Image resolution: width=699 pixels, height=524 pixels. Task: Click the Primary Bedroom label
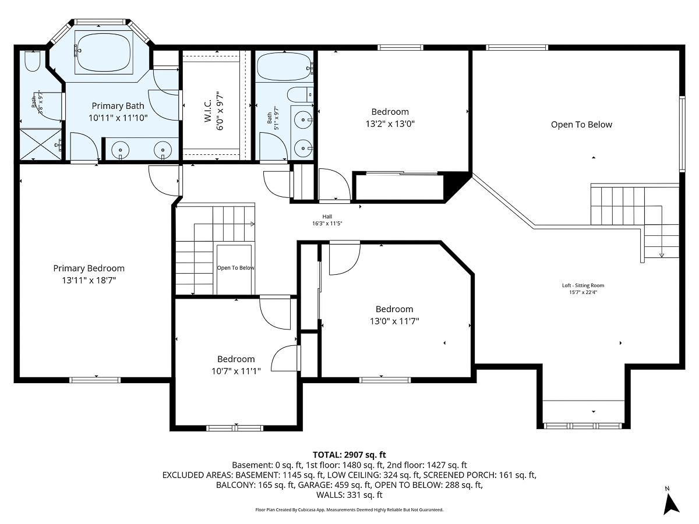(x=89, y=268)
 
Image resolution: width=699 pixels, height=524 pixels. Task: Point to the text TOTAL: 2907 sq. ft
(x=349, y=455)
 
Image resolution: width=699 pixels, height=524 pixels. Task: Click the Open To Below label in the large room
(x=581, y=125)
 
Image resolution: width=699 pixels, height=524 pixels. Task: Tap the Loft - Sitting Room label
(x=583, y=285)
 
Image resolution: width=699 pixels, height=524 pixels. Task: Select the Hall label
(x=327, y=217)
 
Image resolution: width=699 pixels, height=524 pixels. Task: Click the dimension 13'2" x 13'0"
(x=390, y=123)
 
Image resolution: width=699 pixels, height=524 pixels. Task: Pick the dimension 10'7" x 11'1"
(x=236, y=371)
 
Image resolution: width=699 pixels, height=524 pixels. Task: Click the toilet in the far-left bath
(x=32, y=61)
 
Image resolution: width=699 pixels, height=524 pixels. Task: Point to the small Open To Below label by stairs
(x=235, y=268)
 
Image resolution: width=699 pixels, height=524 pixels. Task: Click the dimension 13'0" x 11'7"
(x=394, y=321)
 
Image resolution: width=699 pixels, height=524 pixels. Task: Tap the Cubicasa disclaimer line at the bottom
(x=349, y=509)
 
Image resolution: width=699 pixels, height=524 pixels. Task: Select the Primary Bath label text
(x=118, y=106)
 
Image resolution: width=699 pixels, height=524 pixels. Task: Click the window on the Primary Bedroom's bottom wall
(x=94, y=380)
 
